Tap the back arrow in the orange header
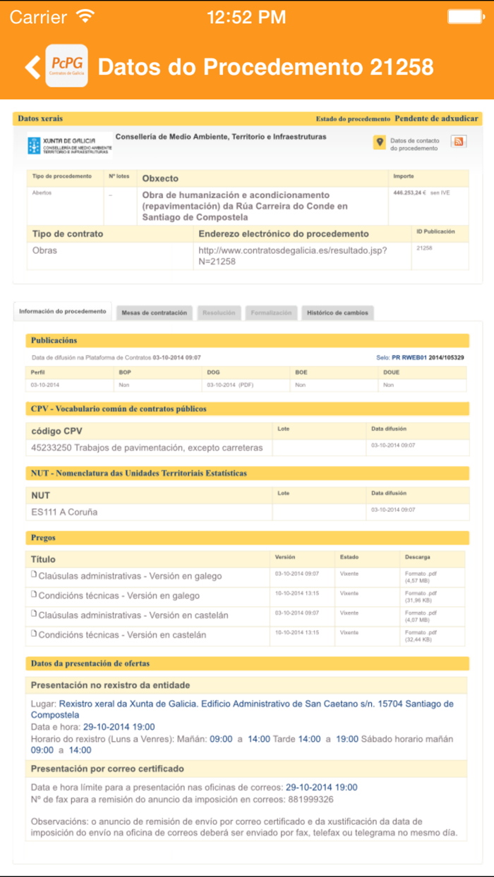point(32,66)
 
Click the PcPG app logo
point(66,66)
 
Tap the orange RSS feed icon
point(458,142)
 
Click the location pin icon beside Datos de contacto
point(380,142)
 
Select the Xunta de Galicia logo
point(69,145)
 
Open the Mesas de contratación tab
point(154,312)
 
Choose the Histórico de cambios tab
point(337,312)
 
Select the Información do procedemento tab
point(63,312)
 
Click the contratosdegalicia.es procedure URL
point(293,255)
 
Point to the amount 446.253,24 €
point(409,192)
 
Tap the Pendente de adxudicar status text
point(436,119)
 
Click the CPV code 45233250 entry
point(147,448)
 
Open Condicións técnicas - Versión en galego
point(119,596)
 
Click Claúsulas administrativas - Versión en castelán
point(133,615)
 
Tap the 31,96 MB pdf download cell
point(421,598)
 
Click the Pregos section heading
point(44,538)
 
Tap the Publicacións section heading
point(54,341)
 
